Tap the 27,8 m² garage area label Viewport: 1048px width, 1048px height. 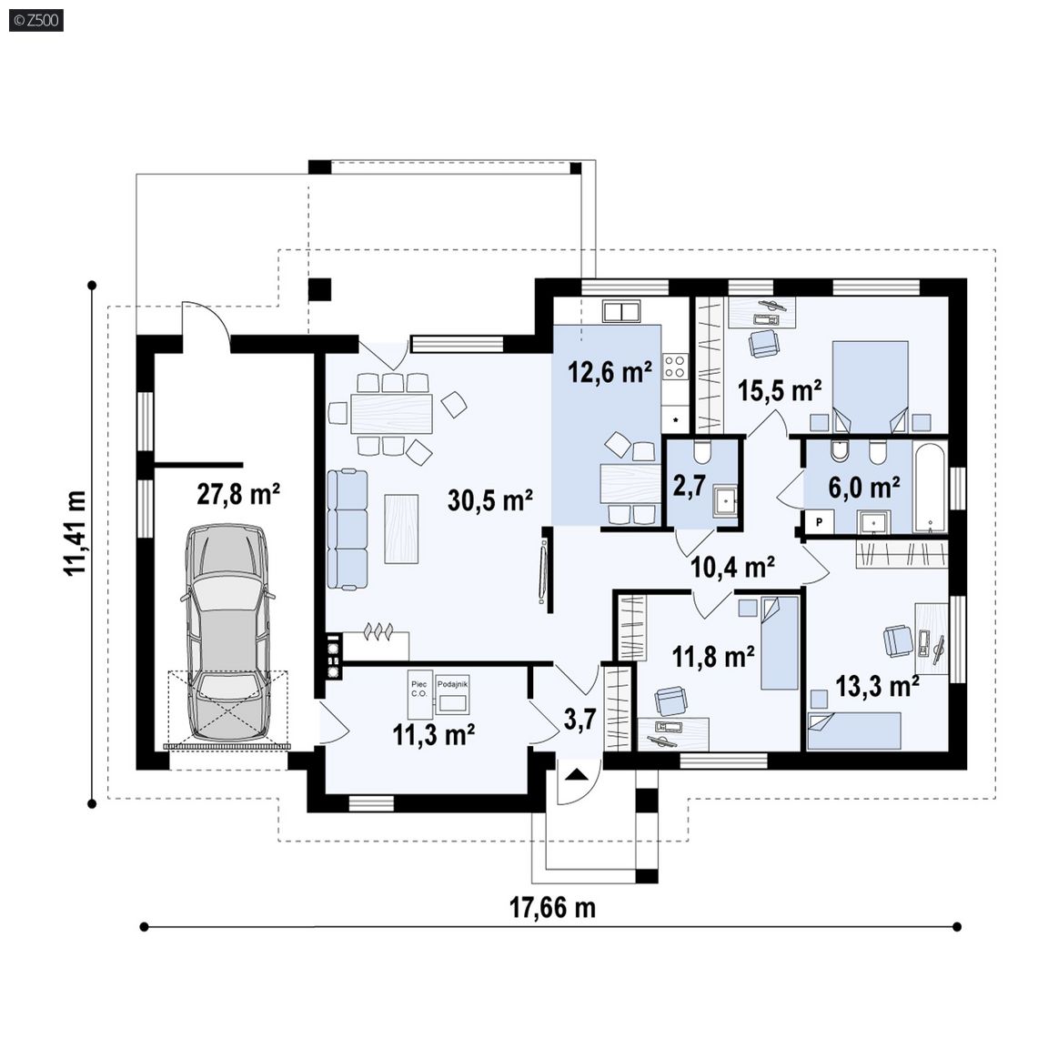(x=238, y=495)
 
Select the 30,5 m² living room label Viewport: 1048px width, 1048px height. (x=490, y=499)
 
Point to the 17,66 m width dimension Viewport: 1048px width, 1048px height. (x=552, y=908)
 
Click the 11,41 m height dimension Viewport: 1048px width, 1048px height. (x=76, y=533)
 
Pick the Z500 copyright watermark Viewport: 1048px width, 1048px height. (x=36, y=20)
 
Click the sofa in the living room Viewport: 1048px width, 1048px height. (x=348, y=529)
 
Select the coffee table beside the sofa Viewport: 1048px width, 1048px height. (x=401, y=529)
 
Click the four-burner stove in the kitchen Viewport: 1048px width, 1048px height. (x=674, y=366)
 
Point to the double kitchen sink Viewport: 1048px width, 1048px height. (x=622, y=311)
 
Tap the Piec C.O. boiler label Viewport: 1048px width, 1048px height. (x=419, y=689)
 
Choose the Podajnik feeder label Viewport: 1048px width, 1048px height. (x=452, y=684)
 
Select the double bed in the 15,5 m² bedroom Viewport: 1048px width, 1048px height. (x=870, y=387)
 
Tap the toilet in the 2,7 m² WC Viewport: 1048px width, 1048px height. (x=701, y=453)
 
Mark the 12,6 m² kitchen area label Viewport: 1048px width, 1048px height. (x=610, y=371)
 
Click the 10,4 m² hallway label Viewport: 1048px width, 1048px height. (x=732, y=567)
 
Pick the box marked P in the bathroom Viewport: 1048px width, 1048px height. (x=819, y=522)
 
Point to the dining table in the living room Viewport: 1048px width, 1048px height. (x=391, y=414)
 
